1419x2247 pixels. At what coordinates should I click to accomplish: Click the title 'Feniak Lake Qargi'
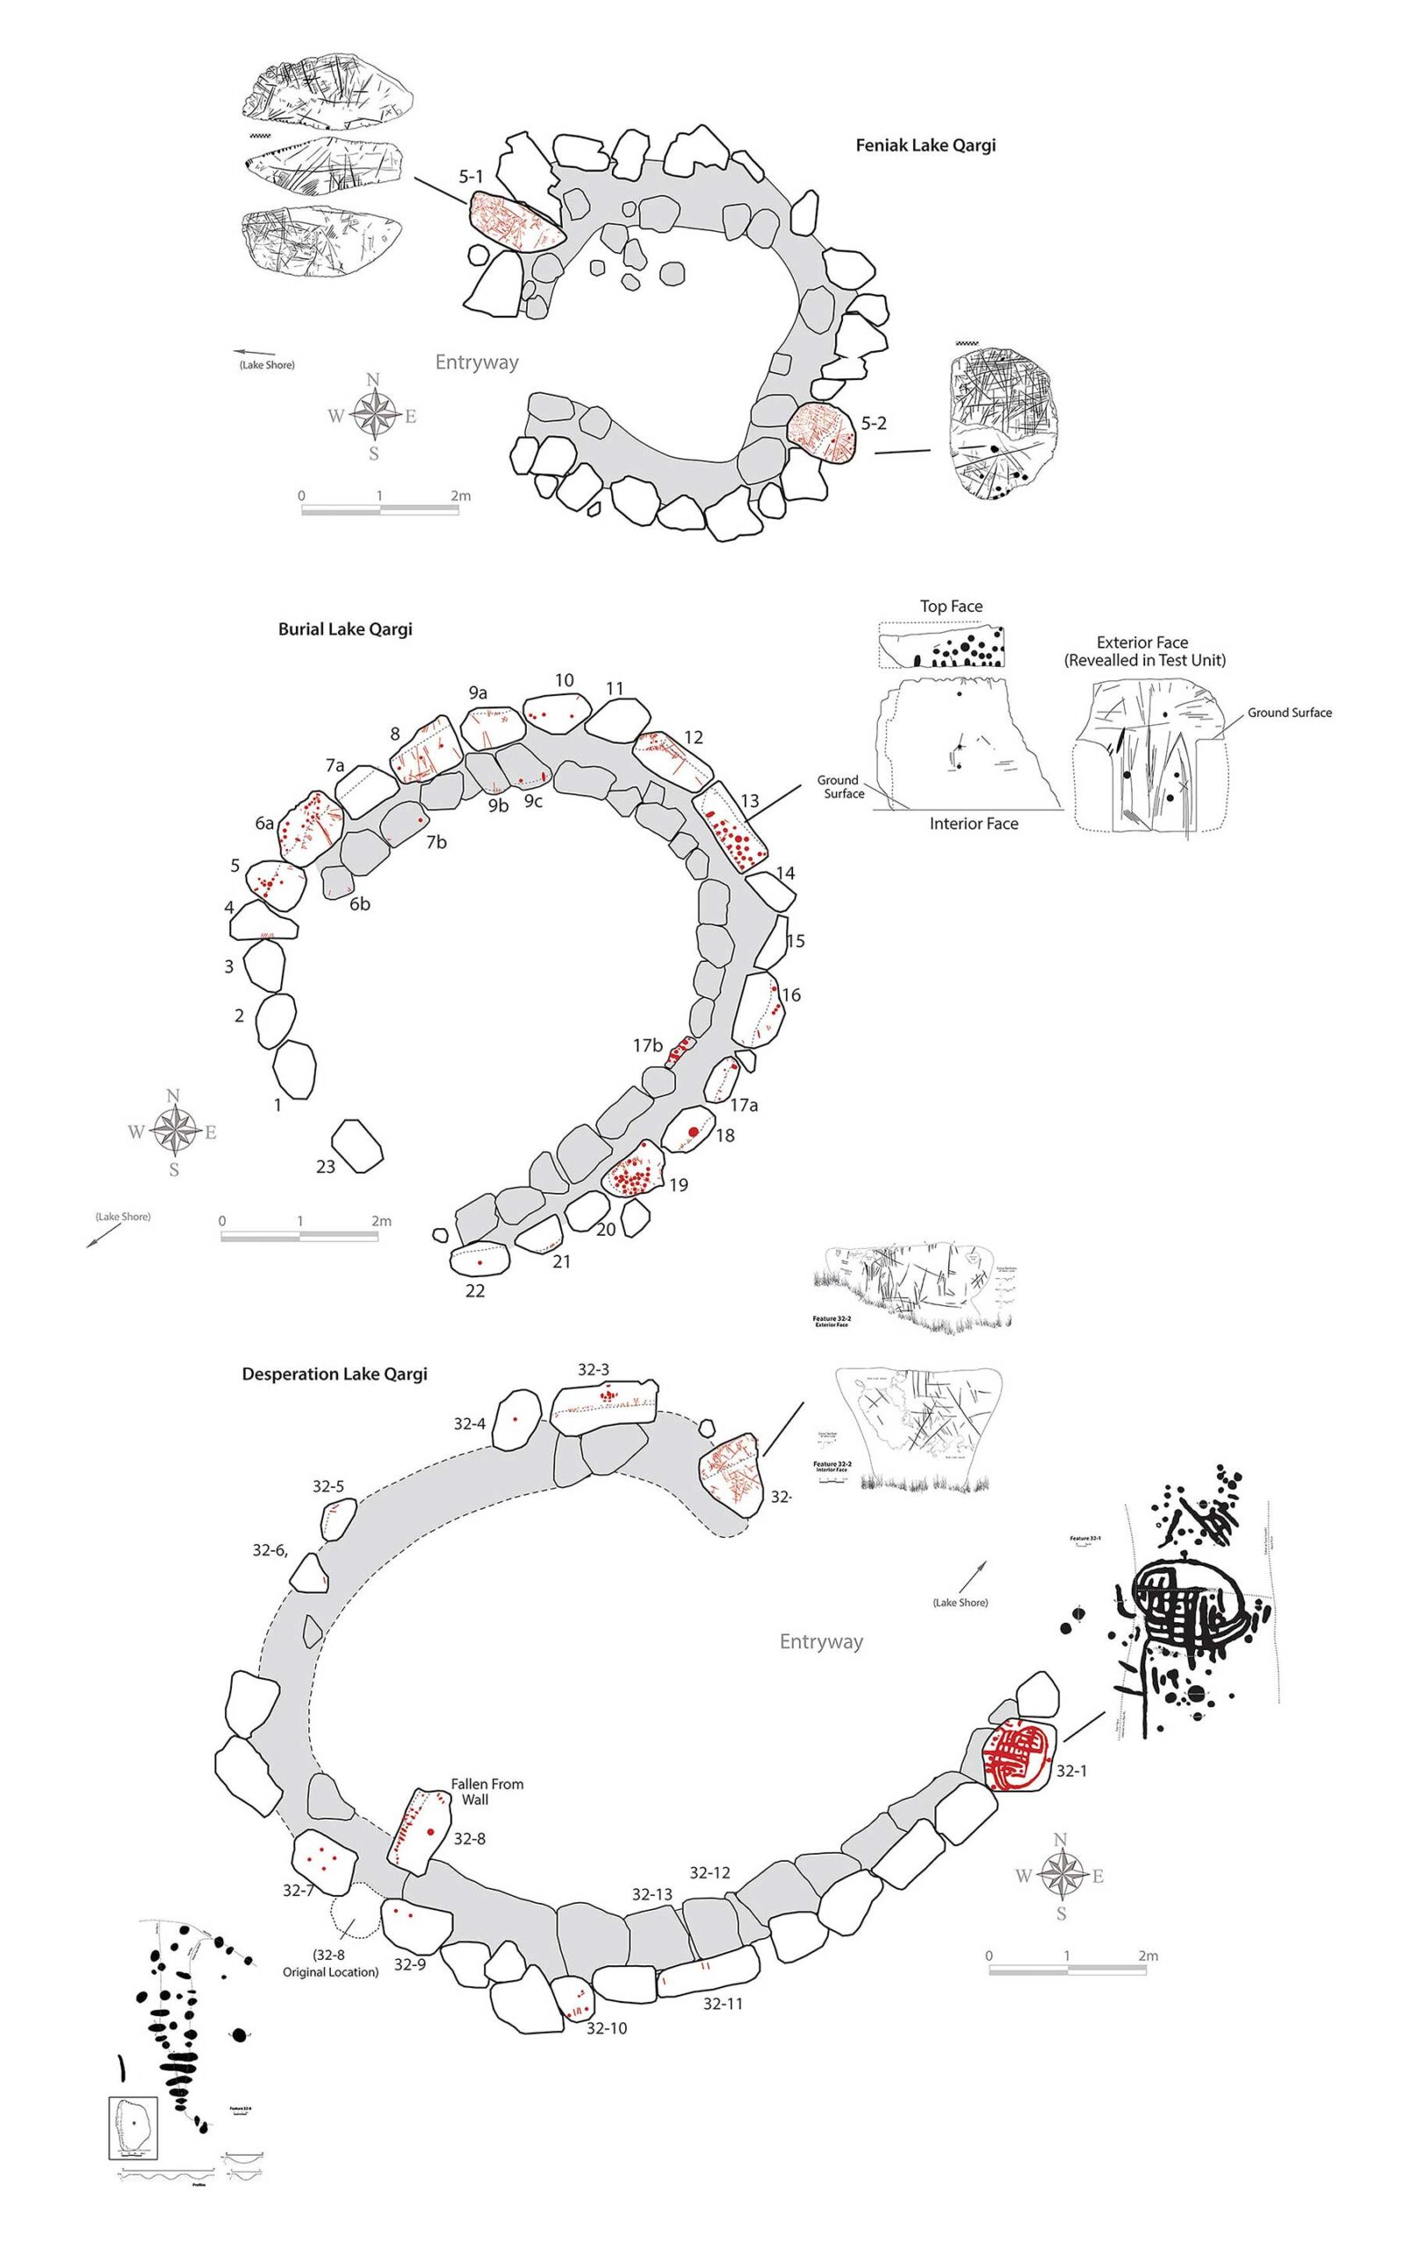(x=926, y=146)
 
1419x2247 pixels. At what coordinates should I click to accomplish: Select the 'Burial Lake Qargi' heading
(x=344, y=629)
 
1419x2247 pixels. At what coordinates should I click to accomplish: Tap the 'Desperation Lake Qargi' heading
(x=335, y=1374)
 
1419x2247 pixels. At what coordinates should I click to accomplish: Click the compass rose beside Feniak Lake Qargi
(x=373, y=415)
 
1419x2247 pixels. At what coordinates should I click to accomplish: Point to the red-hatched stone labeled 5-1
(x=516, y=222)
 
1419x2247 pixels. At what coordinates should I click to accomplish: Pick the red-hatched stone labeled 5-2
(x=822, y=433)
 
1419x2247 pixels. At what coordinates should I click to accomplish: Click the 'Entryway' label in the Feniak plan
(x=476, y=362)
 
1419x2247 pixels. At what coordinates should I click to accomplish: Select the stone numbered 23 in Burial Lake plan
(x=357, y=1145)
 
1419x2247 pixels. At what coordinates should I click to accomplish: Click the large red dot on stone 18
(x=693, y=1132)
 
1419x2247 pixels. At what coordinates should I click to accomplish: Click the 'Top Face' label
(x=950, y=607)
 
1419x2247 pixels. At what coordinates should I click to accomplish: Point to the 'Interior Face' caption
(x=973, y=823)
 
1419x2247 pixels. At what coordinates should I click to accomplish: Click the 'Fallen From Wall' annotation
(x=486, y=1791)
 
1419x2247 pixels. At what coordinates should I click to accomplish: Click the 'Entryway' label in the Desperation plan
(x=821, y=1641)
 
